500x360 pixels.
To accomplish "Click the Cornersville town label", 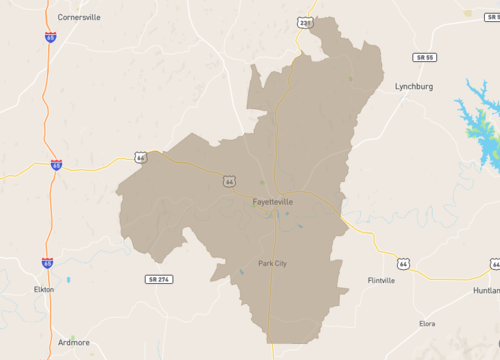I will click(80, 17).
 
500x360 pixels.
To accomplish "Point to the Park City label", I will click(273, 263).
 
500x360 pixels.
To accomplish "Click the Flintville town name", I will click(384, 280).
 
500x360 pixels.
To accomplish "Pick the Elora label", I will click(427, 323).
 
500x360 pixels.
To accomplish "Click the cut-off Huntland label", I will click(487, 289).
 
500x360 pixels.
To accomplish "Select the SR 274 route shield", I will click(158, 278).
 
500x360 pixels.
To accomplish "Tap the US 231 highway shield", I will click(304, 21).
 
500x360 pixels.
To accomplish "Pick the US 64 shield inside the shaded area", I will click(229, 182).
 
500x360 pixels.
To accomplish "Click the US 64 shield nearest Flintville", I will click(403, 263).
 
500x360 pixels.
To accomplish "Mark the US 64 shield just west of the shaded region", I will click(142, 157).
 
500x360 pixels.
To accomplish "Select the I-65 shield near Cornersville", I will click(50, 38).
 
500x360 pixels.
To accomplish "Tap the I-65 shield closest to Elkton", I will click(47, 262).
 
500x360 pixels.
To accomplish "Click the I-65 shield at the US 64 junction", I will click(56, 163).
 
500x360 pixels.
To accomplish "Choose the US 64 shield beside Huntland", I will click(495, 263).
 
